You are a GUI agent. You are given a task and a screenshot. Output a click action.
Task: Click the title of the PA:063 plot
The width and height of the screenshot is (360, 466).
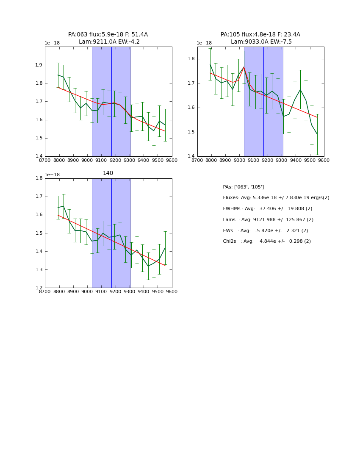click(x=108, y=38)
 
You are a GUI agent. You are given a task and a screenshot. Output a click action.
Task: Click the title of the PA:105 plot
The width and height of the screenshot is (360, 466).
click(x=260, y=38)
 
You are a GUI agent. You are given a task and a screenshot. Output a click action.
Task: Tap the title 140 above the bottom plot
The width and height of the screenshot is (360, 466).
click(x=108, y=173)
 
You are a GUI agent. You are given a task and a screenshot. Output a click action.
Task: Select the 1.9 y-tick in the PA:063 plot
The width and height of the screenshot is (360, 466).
click(x=39, y=65)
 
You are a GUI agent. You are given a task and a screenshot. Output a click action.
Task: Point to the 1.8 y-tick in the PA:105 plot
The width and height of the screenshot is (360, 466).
click(x=191, y=59)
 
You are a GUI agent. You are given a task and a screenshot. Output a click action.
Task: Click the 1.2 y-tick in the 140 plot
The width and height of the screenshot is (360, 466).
click(x=39, y=288)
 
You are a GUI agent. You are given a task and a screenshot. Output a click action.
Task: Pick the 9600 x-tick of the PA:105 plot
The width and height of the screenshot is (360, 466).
click(x=324, y=160)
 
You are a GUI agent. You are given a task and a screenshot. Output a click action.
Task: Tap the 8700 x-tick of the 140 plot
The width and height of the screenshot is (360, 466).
click(x=45, y=291)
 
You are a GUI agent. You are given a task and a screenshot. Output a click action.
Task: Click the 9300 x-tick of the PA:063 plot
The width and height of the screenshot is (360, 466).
click(x=130, y=160)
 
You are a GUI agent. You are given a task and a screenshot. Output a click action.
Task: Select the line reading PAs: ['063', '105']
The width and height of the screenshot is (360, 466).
click(x=243, y=187)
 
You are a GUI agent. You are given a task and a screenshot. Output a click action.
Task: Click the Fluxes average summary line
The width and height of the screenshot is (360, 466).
click(x=276, y=198)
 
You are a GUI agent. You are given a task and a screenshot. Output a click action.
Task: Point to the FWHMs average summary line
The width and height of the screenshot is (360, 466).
click(x=267, y=209)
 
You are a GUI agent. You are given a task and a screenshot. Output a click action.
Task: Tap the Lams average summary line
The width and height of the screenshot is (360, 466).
click(x=268, y=220)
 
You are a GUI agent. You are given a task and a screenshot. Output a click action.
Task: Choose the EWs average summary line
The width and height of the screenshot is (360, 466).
click(x=265, y=231)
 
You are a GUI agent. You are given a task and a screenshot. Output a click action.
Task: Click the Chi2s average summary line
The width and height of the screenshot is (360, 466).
click(x=267, y=241)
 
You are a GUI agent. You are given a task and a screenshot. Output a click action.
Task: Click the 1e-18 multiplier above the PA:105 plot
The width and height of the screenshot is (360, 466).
click(x=204, y=43)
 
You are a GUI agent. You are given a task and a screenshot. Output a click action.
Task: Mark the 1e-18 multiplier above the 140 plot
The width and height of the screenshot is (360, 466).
click(x=52, y=175)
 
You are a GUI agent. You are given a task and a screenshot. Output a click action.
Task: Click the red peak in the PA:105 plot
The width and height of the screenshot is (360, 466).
click(x=244, y=67)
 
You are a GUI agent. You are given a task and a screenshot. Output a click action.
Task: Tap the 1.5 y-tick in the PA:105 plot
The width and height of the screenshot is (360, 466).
click(x=191, y=132)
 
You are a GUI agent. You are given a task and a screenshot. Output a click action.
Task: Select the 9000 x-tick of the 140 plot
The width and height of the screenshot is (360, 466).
click(x=87, y=291)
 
